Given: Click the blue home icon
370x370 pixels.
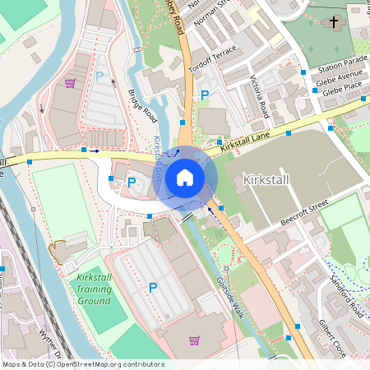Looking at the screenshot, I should tap(185, 177).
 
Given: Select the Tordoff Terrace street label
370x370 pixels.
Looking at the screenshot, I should tap(212, 57).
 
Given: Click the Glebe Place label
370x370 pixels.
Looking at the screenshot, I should tap(343, 89).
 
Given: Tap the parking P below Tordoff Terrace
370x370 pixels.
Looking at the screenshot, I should tap(205, 96).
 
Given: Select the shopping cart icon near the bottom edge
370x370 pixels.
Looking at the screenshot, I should tap(195, 340).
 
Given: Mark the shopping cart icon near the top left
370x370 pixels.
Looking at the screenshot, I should tap(71, 83).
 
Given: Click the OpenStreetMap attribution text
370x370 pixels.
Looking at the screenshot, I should tap(83, 363).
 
